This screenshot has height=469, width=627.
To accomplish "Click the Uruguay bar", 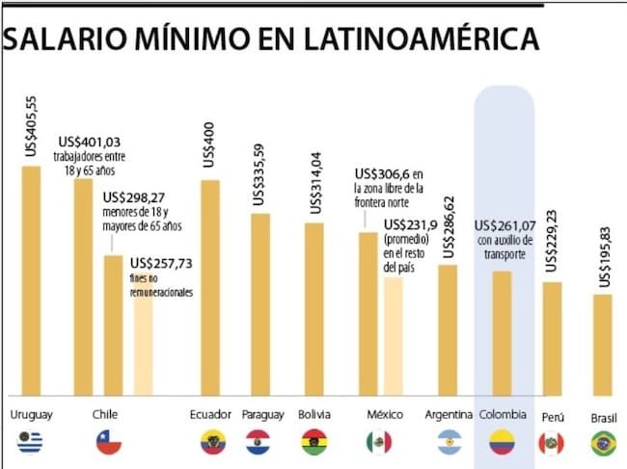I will (31, 279).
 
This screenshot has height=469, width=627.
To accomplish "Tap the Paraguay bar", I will (260, 303).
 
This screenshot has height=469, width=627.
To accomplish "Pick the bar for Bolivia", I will (314, 308).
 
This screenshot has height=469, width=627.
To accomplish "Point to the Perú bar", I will (552, 338).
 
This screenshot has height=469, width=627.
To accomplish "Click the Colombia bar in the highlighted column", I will (502, 333).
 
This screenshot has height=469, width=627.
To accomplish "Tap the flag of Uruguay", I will (31, 443).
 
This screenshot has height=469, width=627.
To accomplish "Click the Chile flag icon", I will (108, 443).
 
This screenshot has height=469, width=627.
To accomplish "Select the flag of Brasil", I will (604, 444).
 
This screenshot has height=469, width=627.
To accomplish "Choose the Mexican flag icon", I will (379, 443).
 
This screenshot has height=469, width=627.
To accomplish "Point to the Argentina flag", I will (448, 443).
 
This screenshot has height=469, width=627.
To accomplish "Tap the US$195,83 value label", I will (604, 254).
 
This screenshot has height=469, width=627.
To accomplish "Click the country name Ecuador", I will (210, 415).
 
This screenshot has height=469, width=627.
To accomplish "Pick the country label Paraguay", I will (262, 415).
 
